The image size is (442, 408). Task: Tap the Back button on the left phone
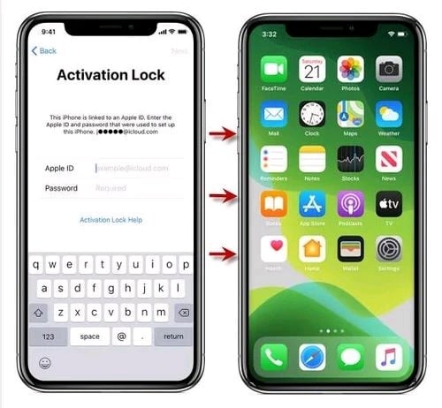click(45, 51)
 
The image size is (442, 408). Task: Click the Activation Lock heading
click(110, 75)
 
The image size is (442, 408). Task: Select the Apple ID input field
click(137, 167)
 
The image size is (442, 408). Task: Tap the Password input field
click(137, 188)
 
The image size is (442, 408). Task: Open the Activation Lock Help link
click(110, 219)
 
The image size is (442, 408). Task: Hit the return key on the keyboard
click(173, 336)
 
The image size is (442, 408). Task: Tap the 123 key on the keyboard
click(48, 336)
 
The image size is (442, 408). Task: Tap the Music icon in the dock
click(388, 356)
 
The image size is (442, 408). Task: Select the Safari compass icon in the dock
click(312, 356)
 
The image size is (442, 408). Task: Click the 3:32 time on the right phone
click(269, 34)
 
